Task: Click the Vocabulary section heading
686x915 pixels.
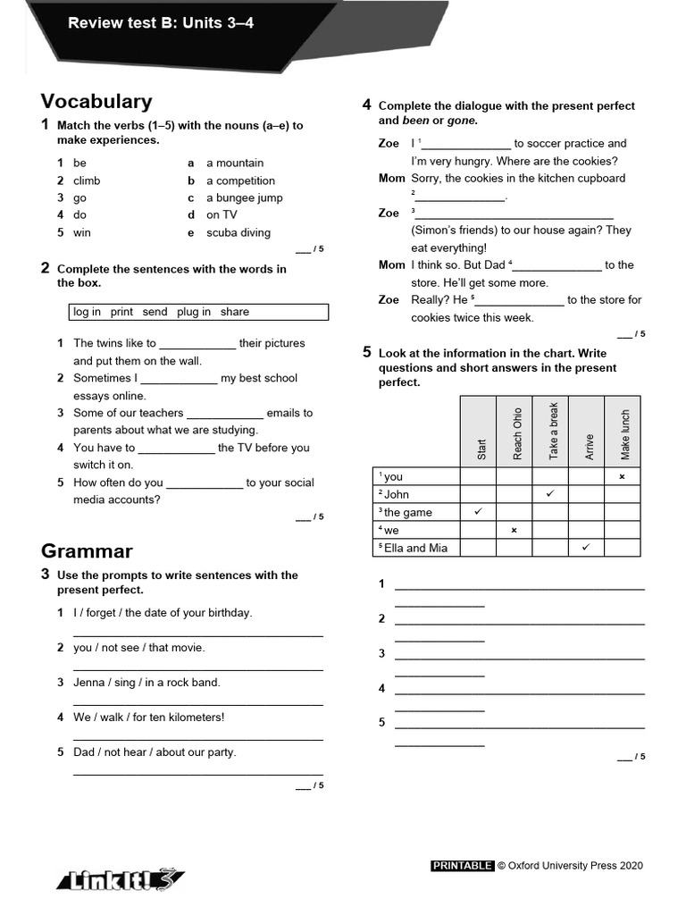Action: (x=96, y=102)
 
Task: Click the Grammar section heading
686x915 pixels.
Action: (x=87, y=550)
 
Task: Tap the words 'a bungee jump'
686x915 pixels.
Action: (x=244, y=197)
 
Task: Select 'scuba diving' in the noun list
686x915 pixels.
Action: (x=238, y=232)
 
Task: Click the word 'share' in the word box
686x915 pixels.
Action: (x=234, y=312)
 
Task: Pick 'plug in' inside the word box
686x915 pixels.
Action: (x=194, y=312)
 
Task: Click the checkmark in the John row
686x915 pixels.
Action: (x=550, y=493)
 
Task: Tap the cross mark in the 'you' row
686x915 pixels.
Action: (x=622, y=476)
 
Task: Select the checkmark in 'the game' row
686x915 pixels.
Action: (x=478, y=511)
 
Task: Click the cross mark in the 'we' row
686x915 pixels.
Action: (x=514, y=530)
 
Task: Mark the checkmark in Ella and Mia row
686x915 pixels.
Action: (x=586, y=547)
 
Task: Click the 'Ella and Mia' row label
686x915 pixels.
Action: (x=414, y=548)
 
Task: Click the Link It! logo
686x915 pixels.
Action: (x=121, y=879)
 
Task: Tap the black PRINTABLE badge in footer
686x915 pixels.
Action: (x=462, y=865)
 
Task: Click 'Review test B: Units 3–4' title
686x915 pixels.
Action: (x=161, y=23)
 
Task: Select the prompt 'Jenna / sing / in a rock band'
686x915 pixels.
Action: (x=146, y=682)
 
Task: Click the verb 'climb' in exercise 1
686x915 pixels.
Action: (x=87, y=180)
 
